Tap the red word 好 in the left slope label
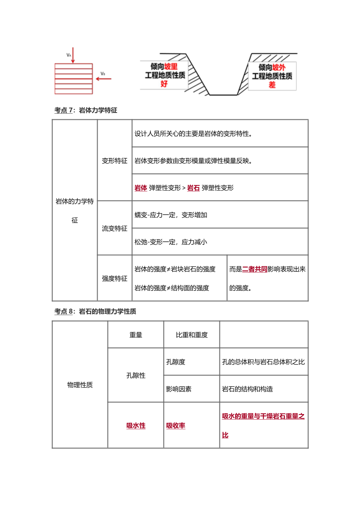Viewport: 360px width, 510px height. [164, 84]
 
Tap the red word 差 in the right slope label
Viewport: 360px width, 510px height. [272, 85]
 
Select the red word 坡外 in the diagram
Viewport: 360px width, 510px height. [279, 67]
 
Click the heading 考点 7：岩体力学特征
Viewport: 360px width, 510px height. [86, 111]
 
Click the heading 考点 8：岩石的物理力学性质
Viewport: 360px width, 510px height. [95, 311]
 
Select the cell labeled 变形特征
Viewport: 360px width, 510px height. [115, 161]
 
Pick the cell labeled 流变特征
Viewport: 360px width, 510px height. [115, 228]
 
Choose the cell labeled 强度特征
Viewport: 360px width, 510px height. [115, 278]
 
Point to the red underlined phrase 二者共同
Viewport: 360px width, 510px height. [255, 269]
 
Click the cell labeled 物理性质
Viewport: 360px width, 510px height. [80, 385]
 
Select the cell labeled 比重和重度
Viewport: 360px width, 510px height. [192, 335]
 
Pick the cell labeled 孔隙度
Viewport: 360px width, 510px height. [176, 362]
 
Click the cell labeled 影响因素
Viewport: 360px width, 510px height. [179, 389]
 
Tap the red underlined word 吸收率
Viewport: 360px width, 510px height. [176, 426]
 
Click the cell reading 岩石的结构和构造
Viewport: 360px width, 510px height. [248, 389]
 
